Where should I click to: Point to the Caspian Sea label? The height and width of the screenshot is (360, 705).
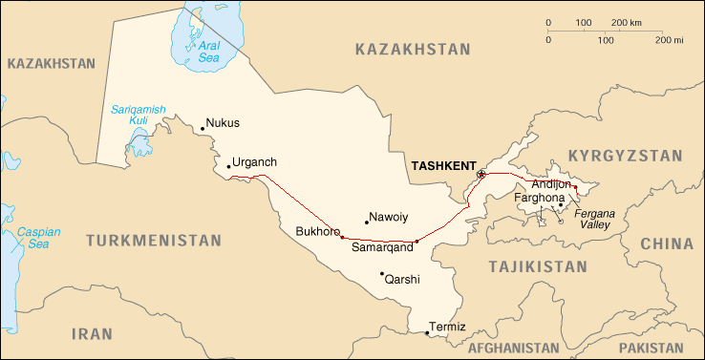pos(37,238)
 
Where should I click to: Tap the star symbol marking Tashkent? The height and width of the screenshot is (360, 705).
pos(481,175)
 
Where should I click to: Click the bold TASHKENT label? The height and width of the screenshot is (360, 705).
pos(442,165)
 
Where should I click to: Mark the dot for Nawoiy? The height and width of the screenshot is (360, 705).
pos(367,222)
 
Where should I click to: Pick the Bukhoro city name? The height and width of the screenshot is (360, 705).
pos(317,231)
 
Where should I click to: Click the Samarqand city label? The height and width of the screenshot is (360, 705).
pos(382,247)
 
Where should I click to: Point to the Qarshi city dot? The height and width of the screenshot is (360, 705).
pos(382,273)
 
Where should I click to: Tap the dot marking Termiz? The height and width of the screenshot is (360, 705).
pos(427,333)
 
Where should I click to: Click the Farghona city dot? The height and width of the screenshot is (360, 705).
pos(561,204)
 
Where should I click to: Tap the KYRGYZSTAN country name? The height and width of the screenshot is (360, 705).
pos(626,156)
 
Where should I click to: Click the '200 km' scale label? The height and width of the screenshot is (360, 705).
pos(626,22)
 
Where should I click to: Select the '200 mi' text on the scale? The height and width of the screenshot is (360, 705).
pos(670,40)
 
